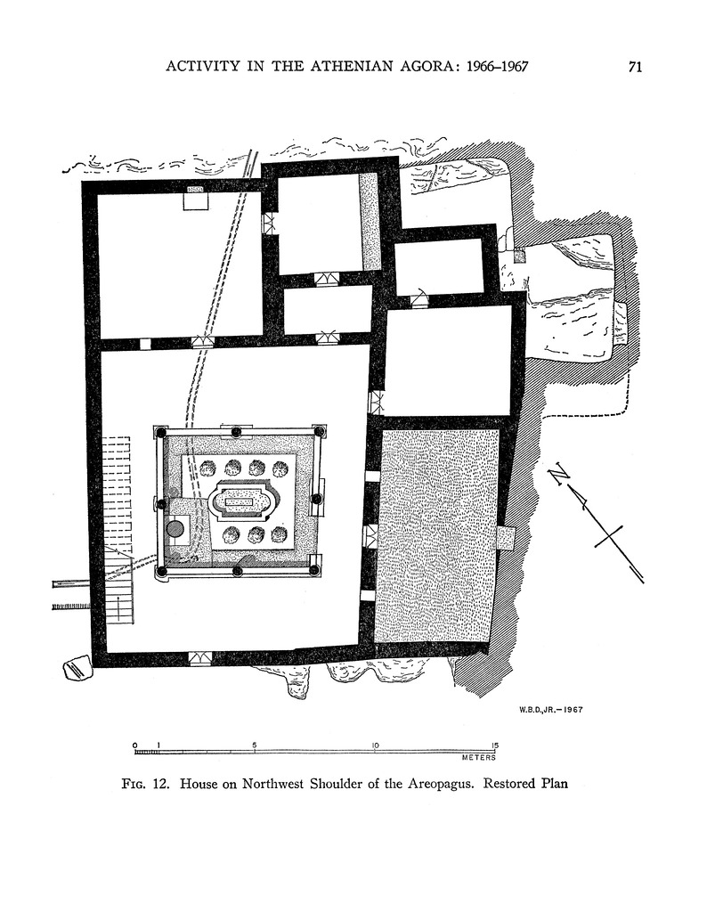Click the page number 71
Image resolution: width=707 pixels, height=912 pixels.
pyautogui.click(x=635, y=67)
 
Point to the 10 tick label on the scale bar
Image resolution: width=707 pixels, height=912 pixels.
pyautogui.click(x=375, y=745)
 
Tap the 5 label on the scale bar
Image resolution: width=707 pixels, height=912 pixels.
pyautogui.click(x=255, y=745)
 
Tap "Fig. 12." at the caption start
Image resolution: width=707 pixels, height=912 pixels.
pyautogui.click(x=147, y=785)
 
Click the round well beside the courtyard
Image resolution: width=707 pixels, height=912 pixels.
pyautogui.click(x=175, y=529)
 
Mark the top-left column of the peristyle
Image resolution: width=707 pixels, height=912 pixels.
pyautogui.click(x=161, y=433)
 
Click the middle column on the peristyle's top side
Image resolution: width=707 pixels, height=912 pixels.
pyautogui.click(x=237, y=433)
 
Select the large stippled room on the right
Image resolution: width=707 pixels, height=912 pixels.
pyautogui.click(x=437, y=534)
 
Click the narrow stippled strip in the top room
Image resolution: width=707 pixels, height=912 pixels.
pyautogui.click(x=369, y=221)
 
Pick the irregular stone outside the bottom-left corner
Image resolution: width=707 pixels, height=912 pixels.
pyautogui.click(x=77, y=667)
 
